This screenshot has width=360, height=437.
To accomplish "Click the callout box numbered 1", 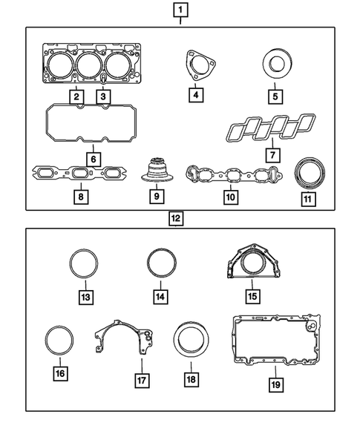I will (181, 10).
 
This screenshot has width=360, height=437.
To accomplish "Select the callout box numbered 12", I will (175, 219).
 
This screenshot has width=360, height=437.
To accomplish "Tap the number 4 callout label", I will (195, 95).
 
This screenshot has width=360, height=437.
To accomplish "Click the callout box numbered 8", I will (79, 197).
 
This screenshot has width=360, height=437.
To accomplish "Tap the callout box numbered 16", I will (59, 372).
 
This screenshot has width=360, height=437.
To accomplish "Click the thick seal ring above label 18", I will (192, 342).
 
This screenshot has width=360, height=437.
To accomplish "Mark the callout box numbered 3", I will (103, 95).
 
